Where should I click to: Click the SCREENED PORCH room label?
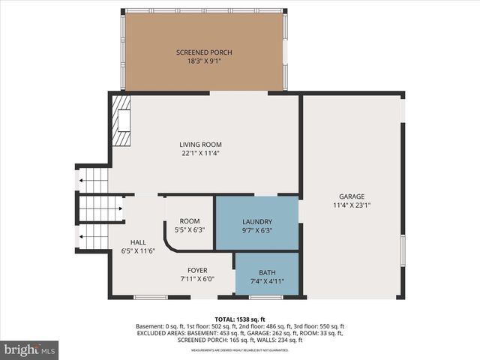204,52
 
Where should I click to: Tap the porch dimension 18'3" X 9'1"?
204,61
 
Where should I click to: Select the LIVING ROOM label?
200,144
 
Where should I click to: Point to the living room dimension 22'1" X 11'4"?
200,154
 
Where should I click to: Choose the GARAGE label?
352,195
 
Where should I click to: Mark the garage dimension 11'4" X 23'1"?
352,205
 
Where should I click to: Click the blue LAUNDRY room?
256,222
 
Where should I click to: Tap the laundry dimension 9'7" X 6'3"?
256,232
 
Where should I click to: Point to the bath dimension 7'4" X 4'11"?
267,282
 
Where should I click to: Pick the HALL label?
138,242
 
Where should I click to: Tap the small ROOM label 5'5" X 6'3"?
189,220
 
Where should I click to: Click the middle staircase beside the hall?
100,209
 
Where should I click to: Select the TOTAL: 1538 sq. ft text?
240,319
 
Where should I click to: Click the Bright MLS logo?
30,349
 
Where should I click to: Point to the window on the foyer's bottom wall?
150,298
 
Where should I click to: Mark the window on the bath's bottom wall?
265,298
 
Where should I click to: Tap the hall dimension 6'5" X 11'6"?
138,251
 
